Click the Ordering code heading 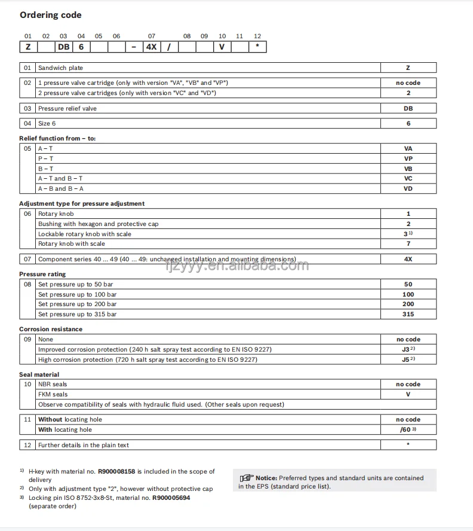(51, 15)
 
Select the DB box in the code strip (63, 47)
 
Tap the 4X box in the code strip (151, 47)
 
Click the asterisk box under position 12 (257, 47)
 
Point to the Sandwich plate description (60, 68)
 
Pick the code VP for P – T (408, 158)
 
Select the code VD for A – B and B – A (408, 188)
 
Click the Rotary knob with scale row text (71, 244)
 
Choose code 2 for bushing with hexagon (408, 224)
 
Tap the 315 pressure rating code (408, 314)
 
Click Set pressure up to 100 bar (77, 294)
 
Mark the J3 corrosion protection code (407, 349)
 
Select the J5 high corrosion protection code (407, 359)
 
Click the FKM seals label (53, 395)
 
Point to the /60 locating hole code (407, 429)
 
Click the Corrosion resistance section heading (51, 329)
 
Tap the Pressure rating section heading (42, 274)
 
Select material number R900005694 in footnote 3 (171, 498)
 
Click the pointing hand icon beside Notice (247, 478)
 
